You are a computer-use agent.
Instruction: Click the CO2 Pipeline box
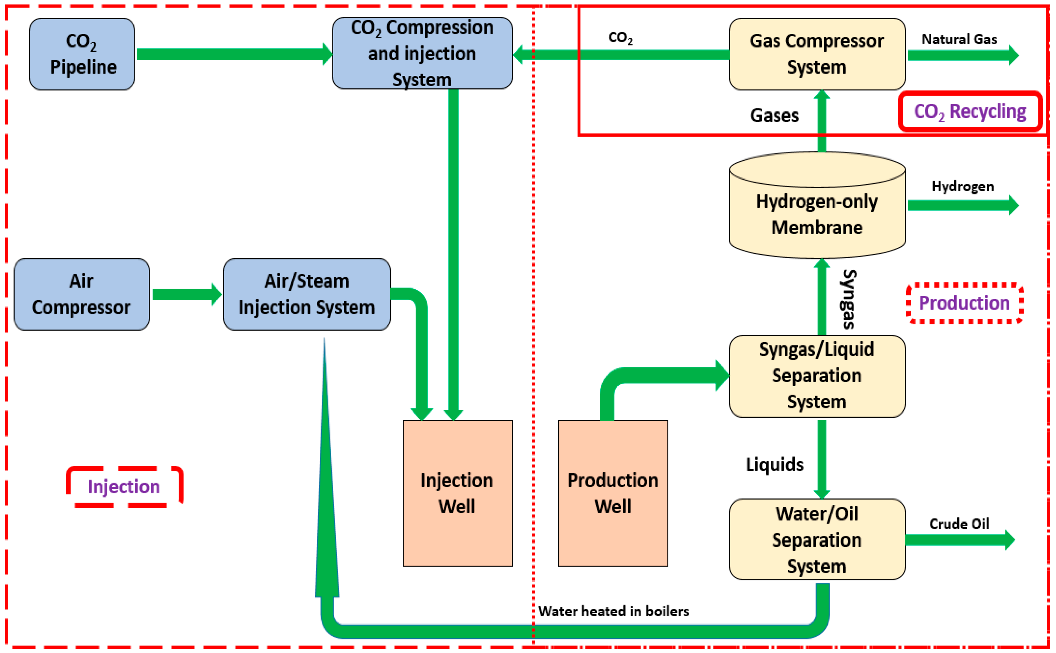(82, 54)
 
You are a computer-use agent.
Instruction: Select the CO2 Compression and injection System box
(422, 54)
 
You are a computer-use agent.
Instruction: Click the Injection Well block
(458, 493)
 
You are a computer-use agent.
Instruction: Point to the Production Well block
(613, 493)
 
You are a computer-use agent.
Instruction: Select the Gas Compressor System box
(817, 54)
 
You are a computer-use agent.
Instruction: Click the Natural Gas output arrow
(963, 55)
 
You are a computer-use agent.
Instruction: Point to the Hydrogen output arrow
(963, 205)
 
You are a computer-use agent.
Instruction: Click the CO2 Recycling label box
(970, 111)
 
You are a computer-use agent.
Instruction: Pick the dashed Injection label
(124, 487)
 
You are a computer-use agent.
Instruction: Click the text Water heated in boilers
(613, 611)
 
